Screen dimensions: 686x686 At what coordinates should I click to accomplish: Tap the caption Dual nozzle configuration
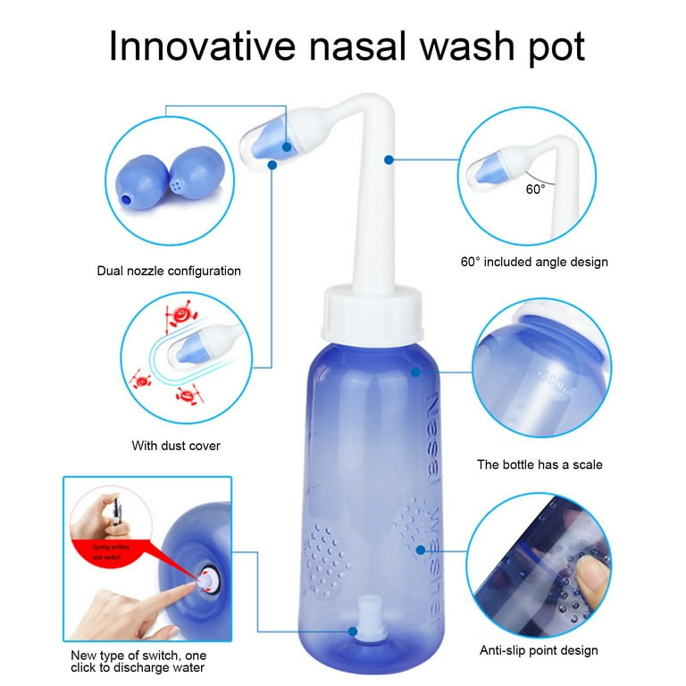[169, 271]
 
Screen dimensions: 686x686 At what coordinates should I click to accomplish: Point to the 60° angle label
[535, 189]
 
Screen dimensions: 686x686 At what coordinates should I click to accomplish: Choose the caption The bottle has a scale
[540, 464]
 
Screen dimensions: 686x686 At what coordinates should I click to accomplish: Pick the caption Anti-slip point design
[538, 650]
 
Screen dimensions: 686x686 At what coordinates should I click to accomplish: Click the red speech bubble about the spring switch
[110, 551]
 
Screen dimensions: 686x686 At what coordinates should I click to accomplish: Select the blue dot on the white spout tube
[389, 160]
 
